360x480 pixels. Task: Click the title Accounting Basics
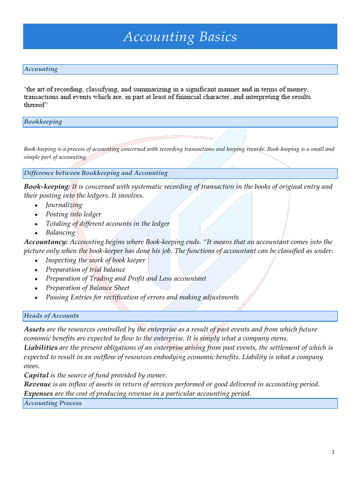tap(180, 37)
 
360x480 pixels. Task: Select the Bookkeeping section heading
tap(43, 122)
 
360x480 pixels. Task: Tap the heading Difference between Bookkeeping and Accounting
tap(96, 173)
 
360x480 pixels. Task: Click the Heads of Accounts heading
tap(52, 315)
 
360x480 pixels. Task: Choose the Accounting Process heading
tap(52, 403)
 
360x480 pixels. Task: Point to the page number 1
tap(333, 452)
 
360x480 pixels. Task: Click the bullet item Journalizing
tap(64, 205)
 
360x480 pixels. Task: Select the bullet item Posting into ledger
tap(73, 214)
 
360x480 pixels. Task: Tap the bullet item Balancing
tap(60, 232)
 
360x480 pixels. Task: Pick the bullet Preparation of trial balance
tap(85, 270)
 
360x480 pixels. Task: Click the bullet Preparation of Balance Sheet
tap(88, 288)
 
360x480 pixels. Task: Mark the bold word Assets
tap(34, 330)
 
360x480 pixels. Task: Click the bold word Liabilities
tap(41, 348)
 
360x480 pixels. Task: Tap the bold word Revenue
tap(37, 384)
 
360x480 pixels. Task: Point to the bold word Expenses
tap(38, 394)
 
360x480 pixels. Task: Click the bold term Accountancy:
tap(46, 242)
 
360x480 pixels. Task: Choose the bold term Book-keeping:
tap(47, 187)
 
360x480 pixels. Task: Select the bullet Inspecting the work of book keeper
tap(96, 260)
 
